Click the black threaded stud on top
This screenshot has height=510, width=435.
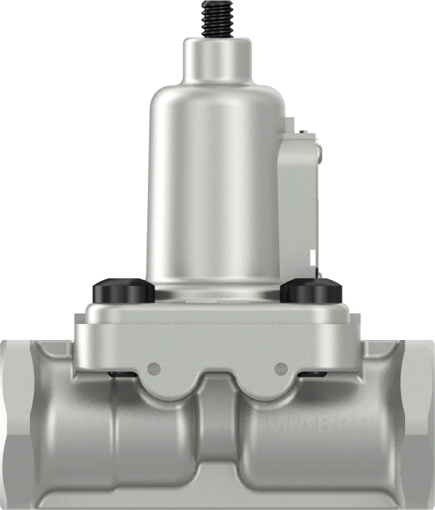coord(217,19)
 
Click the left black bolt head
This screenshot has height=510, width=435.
coord(121,291)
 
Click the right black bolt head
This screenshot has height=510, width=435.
coord(311,291)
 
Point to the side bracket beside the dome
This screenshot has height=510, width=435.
coord(300,193)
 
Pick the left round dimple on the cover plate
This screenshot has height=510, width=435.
coord(155,367)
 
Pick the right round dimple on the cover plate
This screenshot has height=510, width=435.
coord(280,367)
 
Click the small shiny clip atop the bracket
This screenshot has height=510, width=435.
coord(321,154)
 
